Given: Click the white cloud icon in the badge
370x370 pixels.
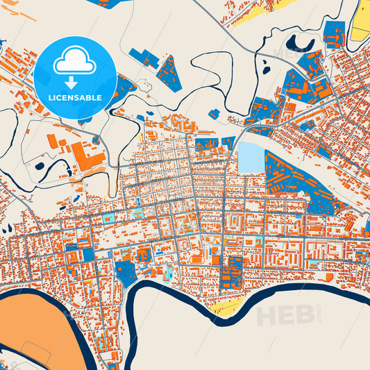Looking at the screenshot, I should pyautogui.click(x=74, y=62).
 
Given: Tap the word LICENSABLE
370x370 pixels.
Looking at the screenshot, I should pyautogui.click(x=74, y=97).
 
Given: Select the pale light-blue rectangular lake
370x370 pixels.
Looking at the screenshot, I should pyautogui.click(x=251, y=158).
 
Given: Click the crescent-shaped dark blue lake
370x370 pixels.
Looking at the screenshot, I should pyautogui.click(x=300, y=45).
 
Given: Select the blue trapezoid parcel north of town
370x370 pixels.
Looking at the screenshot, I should pyautogui.click(x=168, y=74).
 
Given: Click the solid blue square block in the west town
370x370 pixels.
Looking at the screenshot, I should pyautogui.click(x=88, y=255).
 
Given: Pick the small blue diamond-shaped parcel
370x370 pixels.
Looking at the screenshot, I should pyautogui.click(x=215, y=113).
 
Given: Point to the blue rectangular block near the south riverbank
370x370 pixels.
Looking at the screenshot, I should pyautogui.click(x=230, y=274).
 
